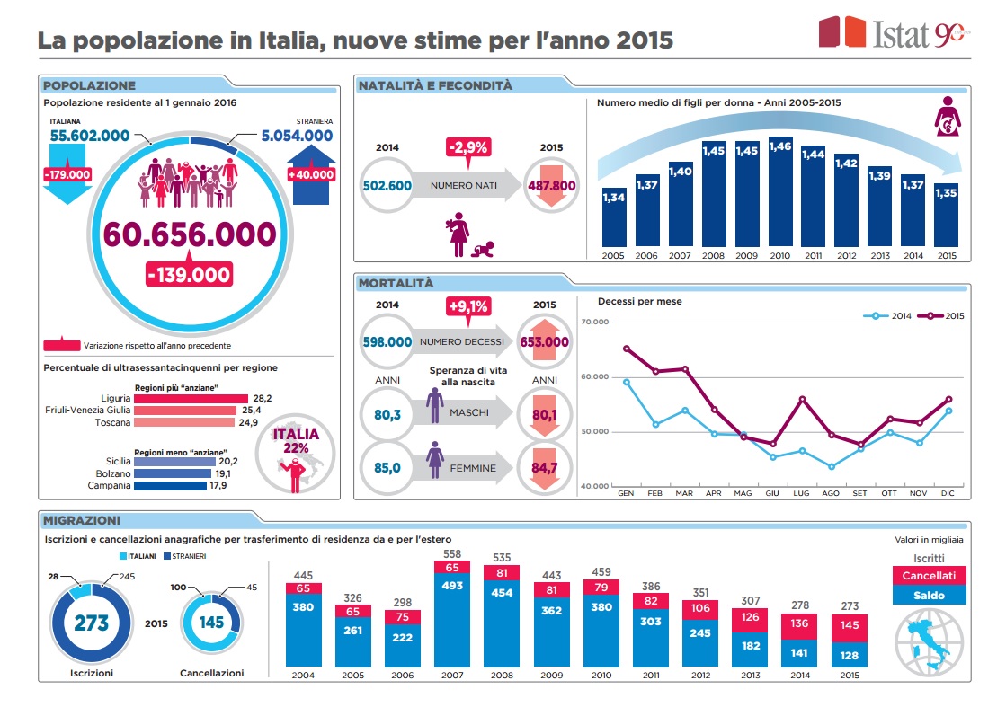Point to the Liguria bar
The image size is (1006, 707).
[190, 398]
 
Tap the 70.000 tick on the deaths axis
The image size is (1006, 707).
[595, 322]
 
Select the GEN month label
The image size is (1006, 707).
[626, 493]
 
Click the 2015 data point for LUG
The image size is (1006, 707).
[802, 399]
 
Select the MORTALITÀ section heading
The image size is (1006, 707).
[396, 284]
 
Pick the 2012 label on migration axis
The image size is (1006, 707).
[700, 675]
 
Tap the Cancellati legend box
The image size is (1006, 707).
[929, 575]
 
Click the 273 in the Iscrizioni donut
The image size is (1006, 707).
[91, 623]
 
